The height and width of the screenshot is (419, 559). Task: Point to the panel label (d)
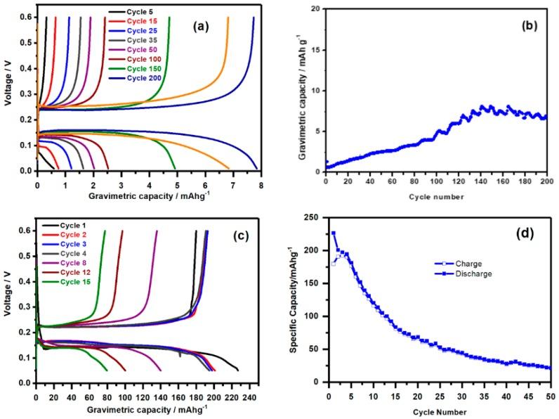tap(522, 231)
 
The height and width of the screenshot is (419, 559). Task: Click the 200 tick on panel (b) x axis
tap(547, 181)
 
